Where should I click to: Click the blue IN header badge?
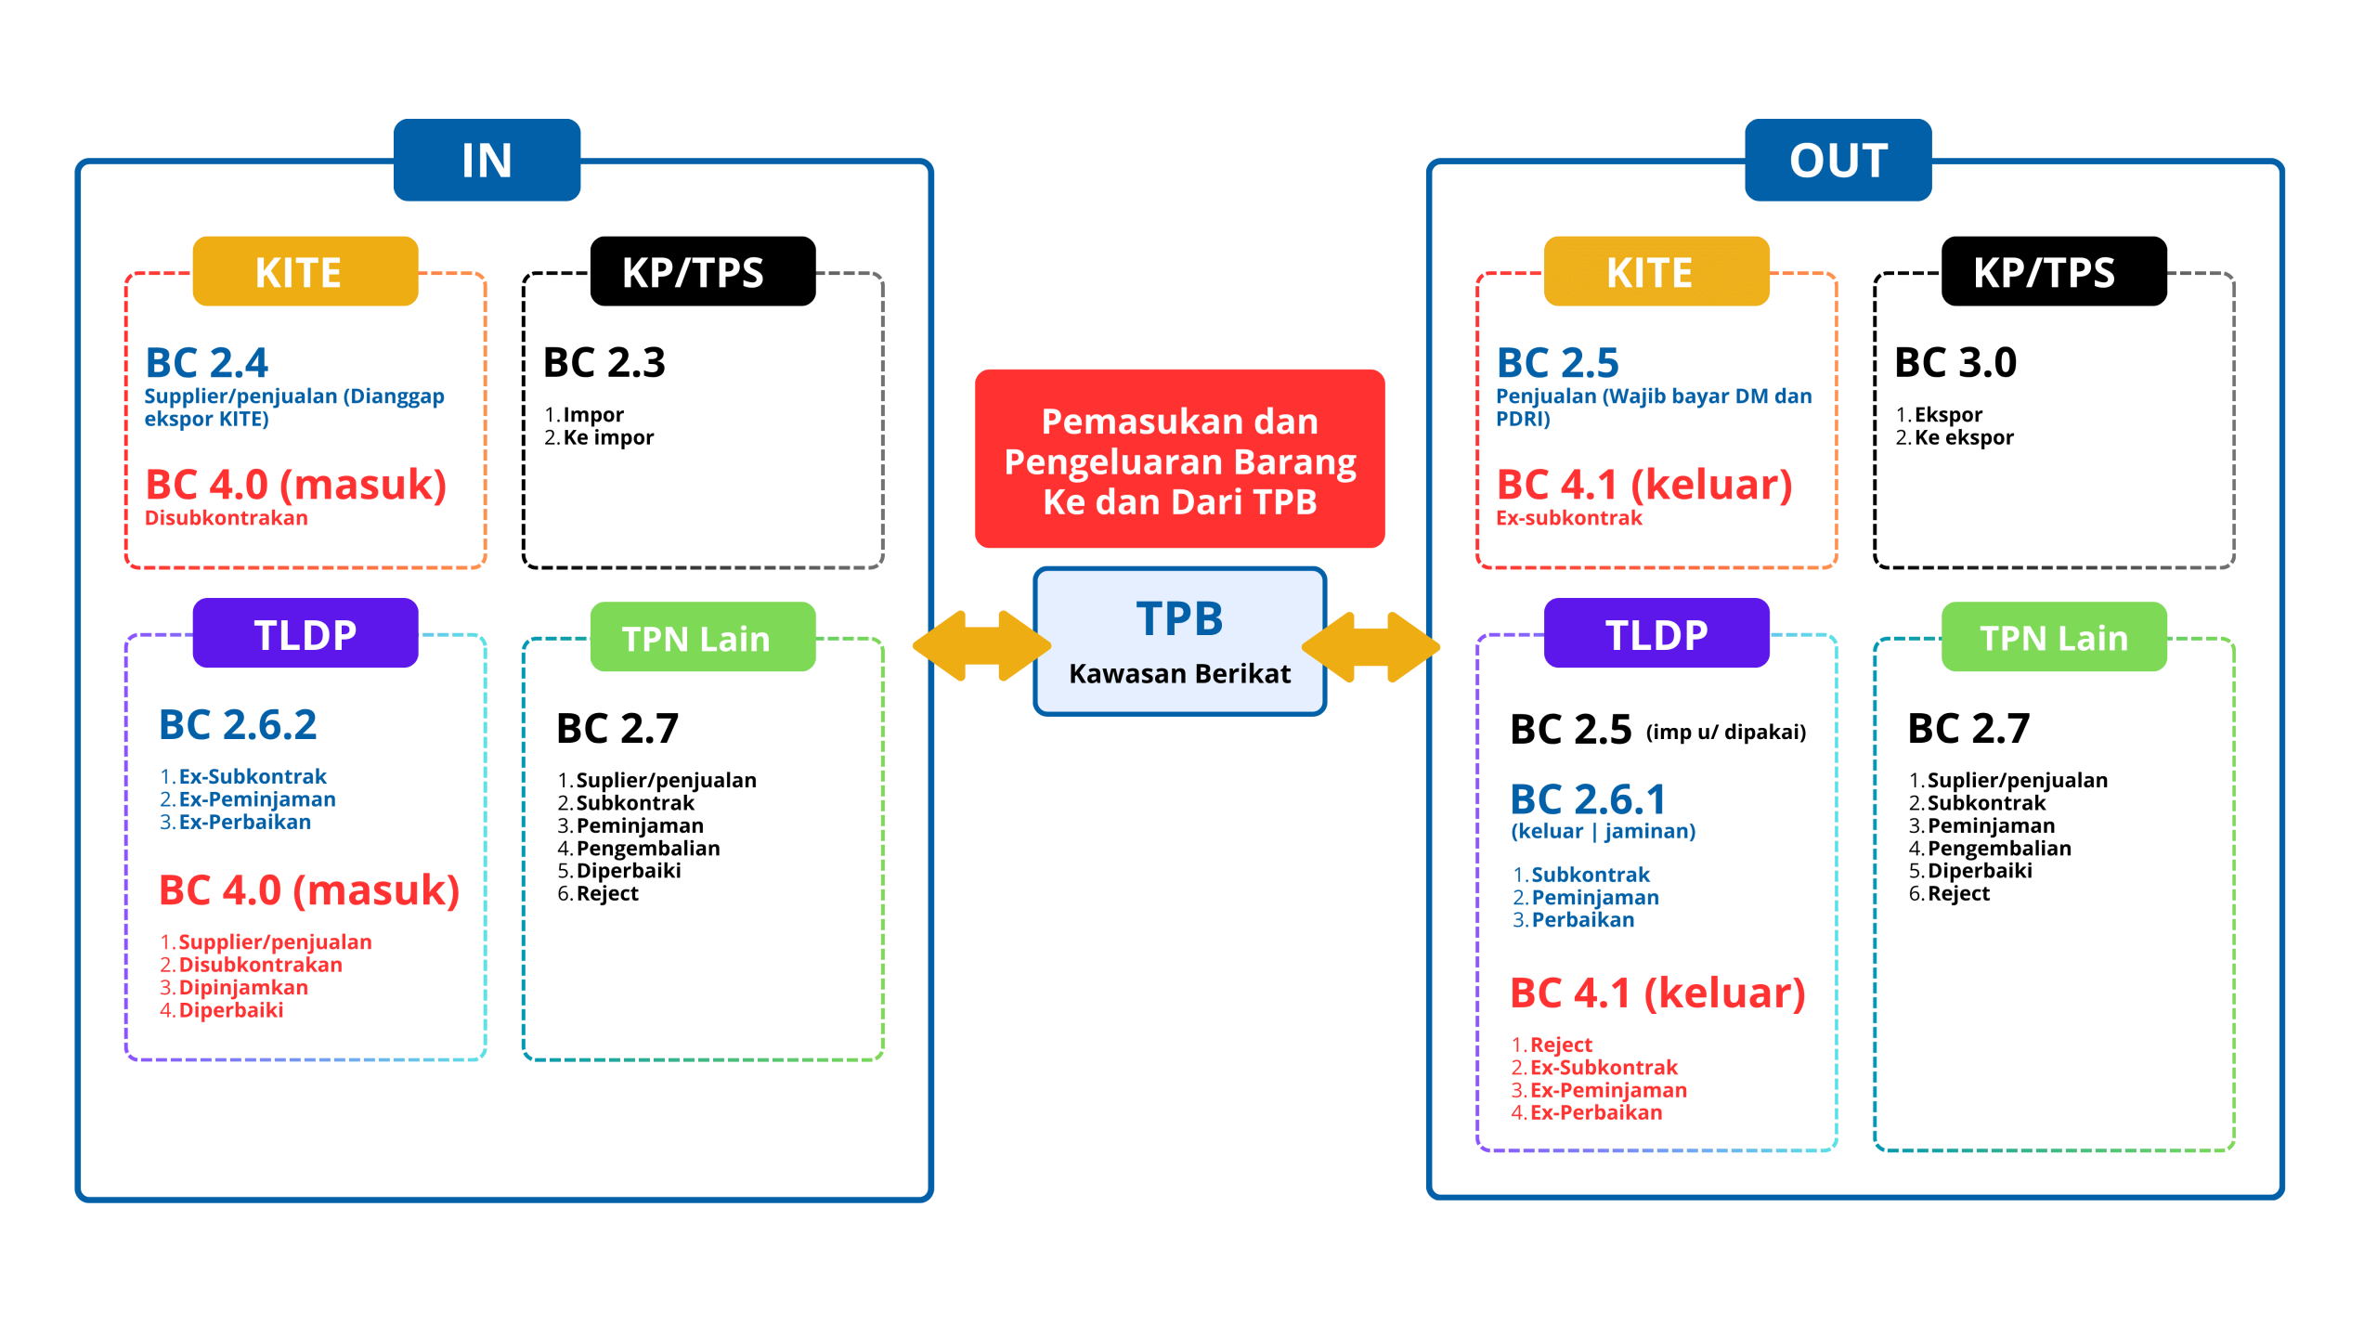(487, 160)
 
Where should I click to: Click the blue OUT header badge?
(1838, 160)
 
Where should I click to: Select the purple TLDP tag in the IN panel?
(305, 634)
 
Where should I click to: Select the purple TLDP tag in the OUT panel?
(1656, 634)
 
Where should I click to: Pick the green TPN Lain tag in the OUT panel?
(2053, 638)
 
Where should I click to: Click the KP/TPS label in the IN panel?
(693, 273)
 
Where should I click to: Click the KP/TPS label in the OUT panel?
(2044, 273)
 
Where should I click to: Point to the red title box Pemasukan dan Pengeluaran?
(1179, 460)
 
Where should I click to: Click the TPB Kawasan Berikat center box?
(1179, 642)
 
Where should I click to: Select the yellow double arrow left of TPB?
(981, 645)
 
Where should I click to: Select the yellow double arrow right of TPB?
(1370, 645)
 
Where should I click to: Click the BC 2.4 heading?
(207, 363)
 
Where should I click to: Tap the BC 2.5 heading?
(1558, 363)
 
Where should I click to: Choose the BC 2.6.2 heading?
(238, 725)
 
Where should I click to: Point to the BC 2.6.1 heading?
(1588, 799)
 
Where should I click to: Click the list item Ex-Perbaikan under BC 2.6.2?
(244, 823)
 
